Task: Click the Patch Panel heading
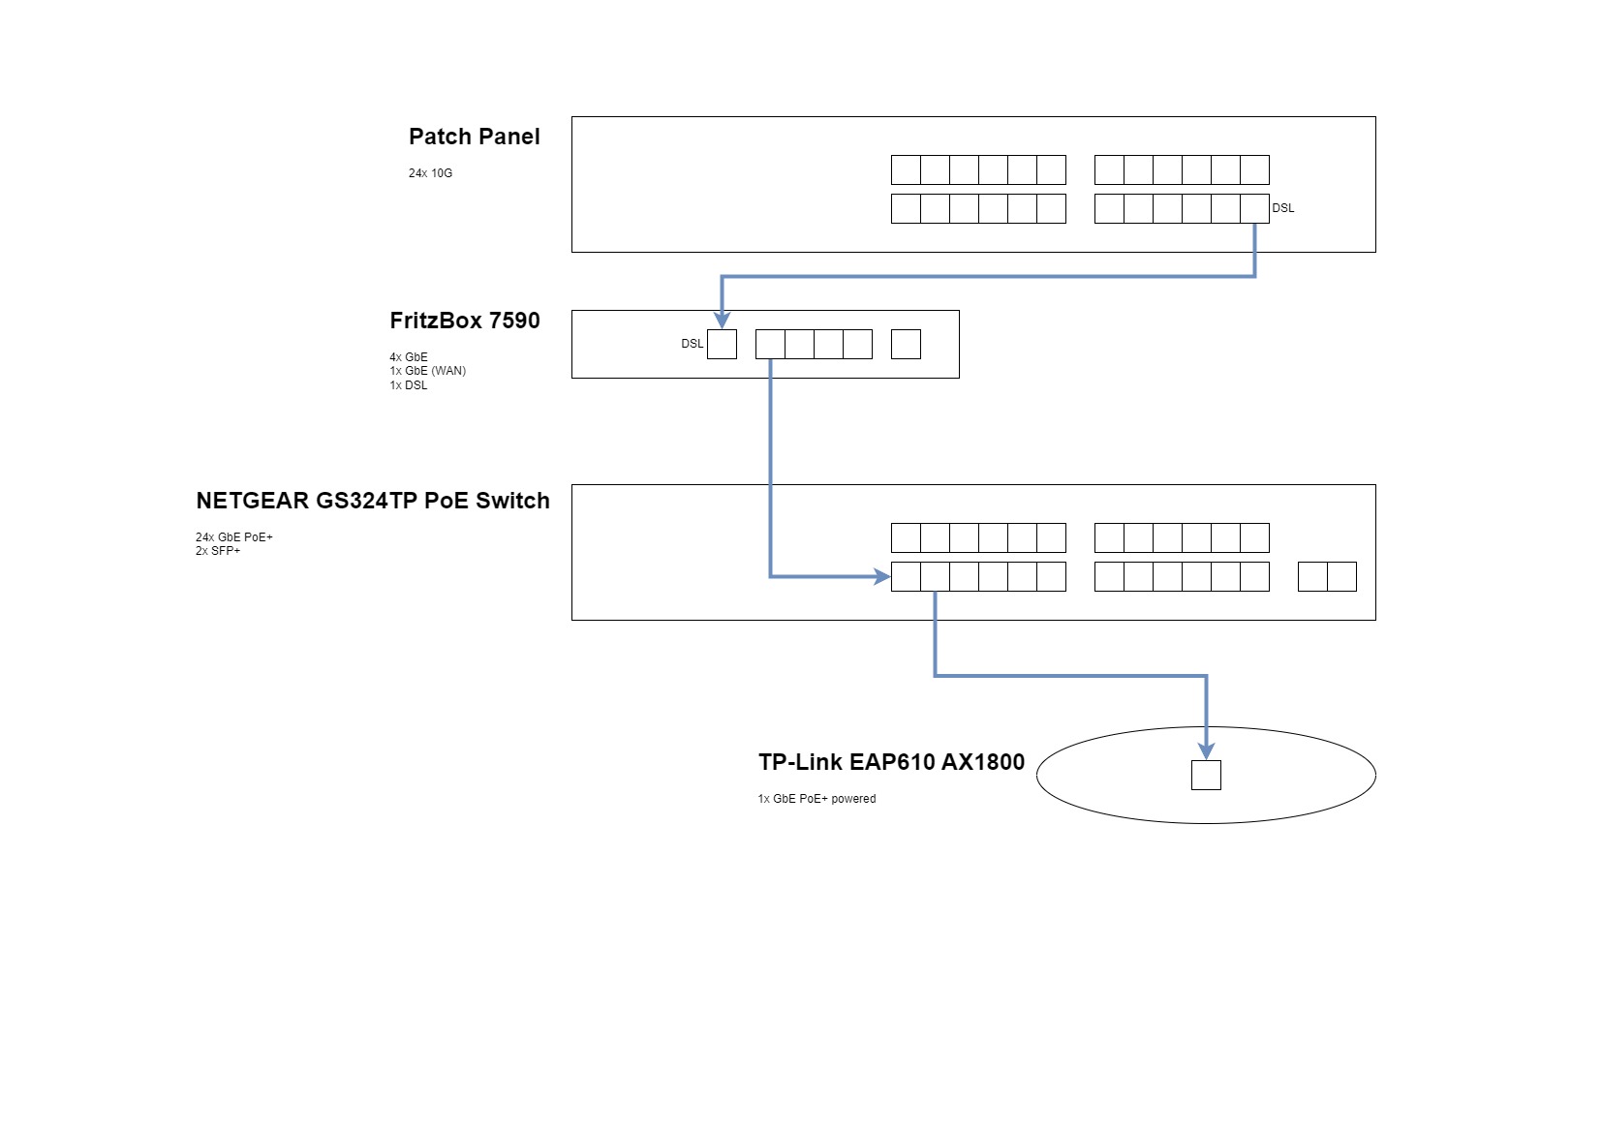tap(474, 137)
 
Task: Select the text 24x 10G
tap(430, 173)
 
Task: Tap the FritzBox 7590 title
tap(464, 321)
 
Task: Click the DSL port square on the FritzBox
tap(722, 345)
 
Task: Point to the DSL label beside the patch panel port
tap(1282, 208)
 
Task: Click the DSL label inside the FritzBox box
tap(692, 344)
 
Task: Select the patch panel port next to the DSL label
tap(1254, 208)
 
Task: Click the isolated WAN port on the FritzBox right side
tap(906, 345)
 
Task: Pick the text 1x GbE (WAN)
tap(427, 371)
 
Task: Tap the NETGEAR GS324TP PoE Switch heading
tap(372, 501)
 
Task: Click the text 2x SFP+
tap(218, 551)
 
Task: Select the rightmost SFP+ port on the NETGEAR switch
tap(1341, 576)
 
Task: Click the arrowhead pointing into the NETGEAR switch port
tap(882, 576)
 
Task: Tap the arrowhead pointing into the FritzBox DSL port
tap(722, 320)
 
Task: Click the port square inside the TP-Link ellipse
tap(1206, 775)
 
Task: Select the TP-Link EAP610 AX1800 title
tap(891, 762)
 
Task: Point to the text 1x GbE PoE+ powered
tap(816, 799)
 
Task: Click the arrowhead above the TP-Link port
tap(1206, 750)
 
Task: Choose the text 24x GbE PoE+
tap(234, 537)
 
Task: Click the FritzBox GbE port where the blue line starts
tap(770, 345)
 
